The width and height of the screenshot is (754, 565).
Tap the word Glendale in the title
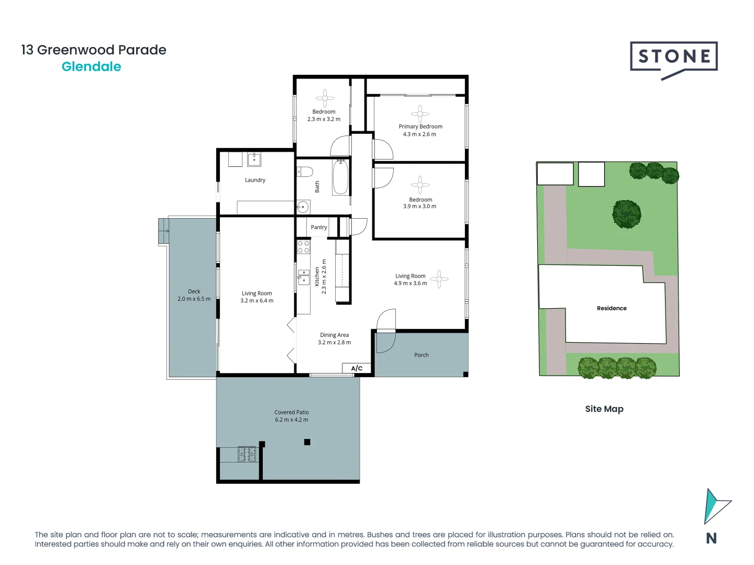[91, 66]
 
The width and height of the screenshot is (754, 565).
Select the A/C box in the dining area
[357, 368]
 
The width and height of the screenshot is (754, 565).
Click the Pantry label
[318, 227]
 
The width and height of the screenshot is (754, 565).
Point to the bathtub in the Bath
[340, 177]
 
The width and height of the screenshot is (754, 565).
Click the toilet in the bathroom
[305, 172]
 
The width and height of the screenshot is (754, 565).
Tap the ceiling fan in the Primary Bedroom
[420, 114]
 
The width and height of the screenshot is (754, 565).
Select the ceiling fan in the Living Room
[439, 279]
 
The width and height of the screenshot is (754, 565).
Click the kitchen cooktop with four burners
[304, 247]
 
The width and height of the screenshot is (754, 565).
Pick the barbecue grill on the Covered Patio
[247, 454]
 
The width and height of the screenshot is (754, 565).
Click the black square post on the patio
[307, 442]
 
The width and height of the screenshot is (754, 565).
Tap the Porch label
[421, 355]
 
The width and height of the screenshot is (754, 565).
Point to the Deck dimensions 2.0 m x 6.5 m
[194, 299]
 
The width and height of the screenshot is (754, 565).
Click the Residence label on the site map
[612, 308]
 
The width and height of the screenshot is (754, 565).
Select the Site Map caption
[604, 409]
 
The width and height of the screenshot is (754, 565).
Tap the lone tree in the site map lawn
[627, 214]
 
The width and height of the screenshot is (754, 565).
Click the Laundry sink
[254, 160]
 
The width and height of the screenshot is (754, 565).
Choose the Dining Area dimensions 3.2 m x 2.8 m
[334, 342]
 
